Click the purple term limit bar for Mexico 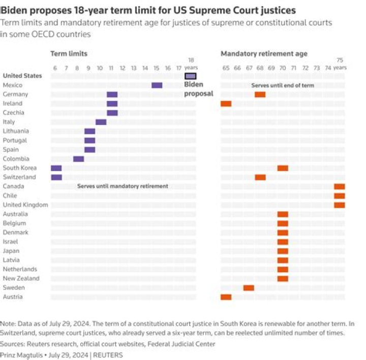[x=157, y=85]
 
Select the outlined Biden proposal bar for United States [x=191, y=76]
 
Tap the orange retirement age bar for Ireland [x=226, y=104]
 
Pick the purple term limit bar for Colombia [x=79, y=159]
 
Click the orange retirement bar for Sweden [x=249, y=288]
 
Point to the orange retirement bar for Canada [x=339, y=186]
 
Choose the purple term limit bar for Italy [x=101, y=122]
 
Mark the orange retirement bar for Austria [x=226, y=297]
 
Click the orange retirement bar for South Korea [x=283, y=168]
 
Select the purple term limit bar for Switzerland [x=56, y=177]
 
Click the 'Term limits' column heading [x=69, y=54]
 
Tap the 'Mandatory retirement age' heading [x=264, y=54]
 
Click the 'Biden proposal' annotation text [x=198, y=89]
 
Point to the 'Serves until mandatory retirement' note [x=123, y=186]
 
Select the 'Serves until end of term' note [x=283, y=85]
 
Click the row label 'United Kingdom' [x=25, y=205]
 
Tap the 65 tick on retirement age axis [x=226, y=68]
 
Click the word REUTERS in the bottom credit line [x=108, y=355]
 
